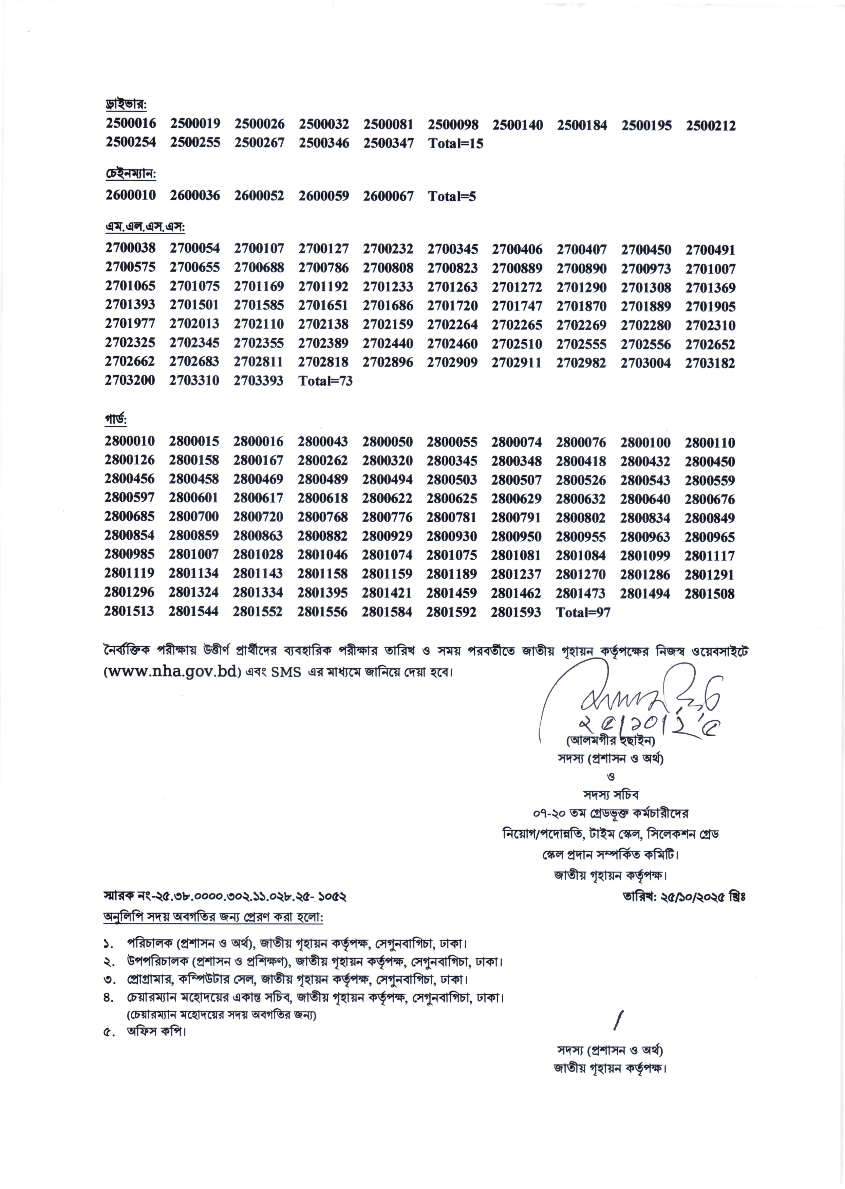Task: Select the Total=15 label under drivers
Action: click(x=455, y=143)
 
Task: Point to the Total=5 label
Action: click(x=452, y=196)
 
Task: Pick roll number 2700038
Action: click(x=130, y=248)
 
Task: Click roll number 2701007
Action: click(x=710, y=269)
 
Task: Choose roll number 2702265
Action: click(x=517, y=325)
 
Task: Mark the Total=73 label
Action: click(x=325, y=381)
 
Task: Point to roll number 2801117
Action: click(x=710, y=556)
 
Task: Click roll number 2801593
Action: click(x=515, y=612)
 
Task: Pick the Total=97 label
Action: click(x=583, y=613)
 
